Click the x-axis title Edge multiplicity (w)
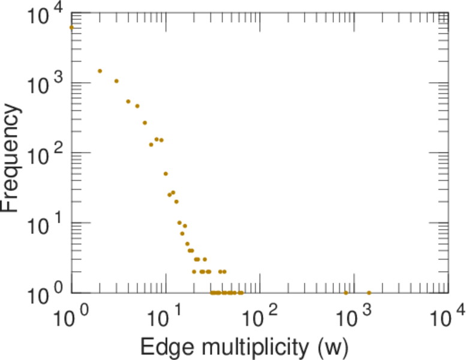244,346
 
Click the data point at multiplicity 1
71,27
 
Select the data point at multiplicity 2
100,71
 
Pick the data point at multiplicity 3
116,81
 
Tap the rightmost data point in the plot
369,293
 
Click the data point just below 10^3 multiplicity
346,293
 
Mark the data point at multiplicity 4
128,101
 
